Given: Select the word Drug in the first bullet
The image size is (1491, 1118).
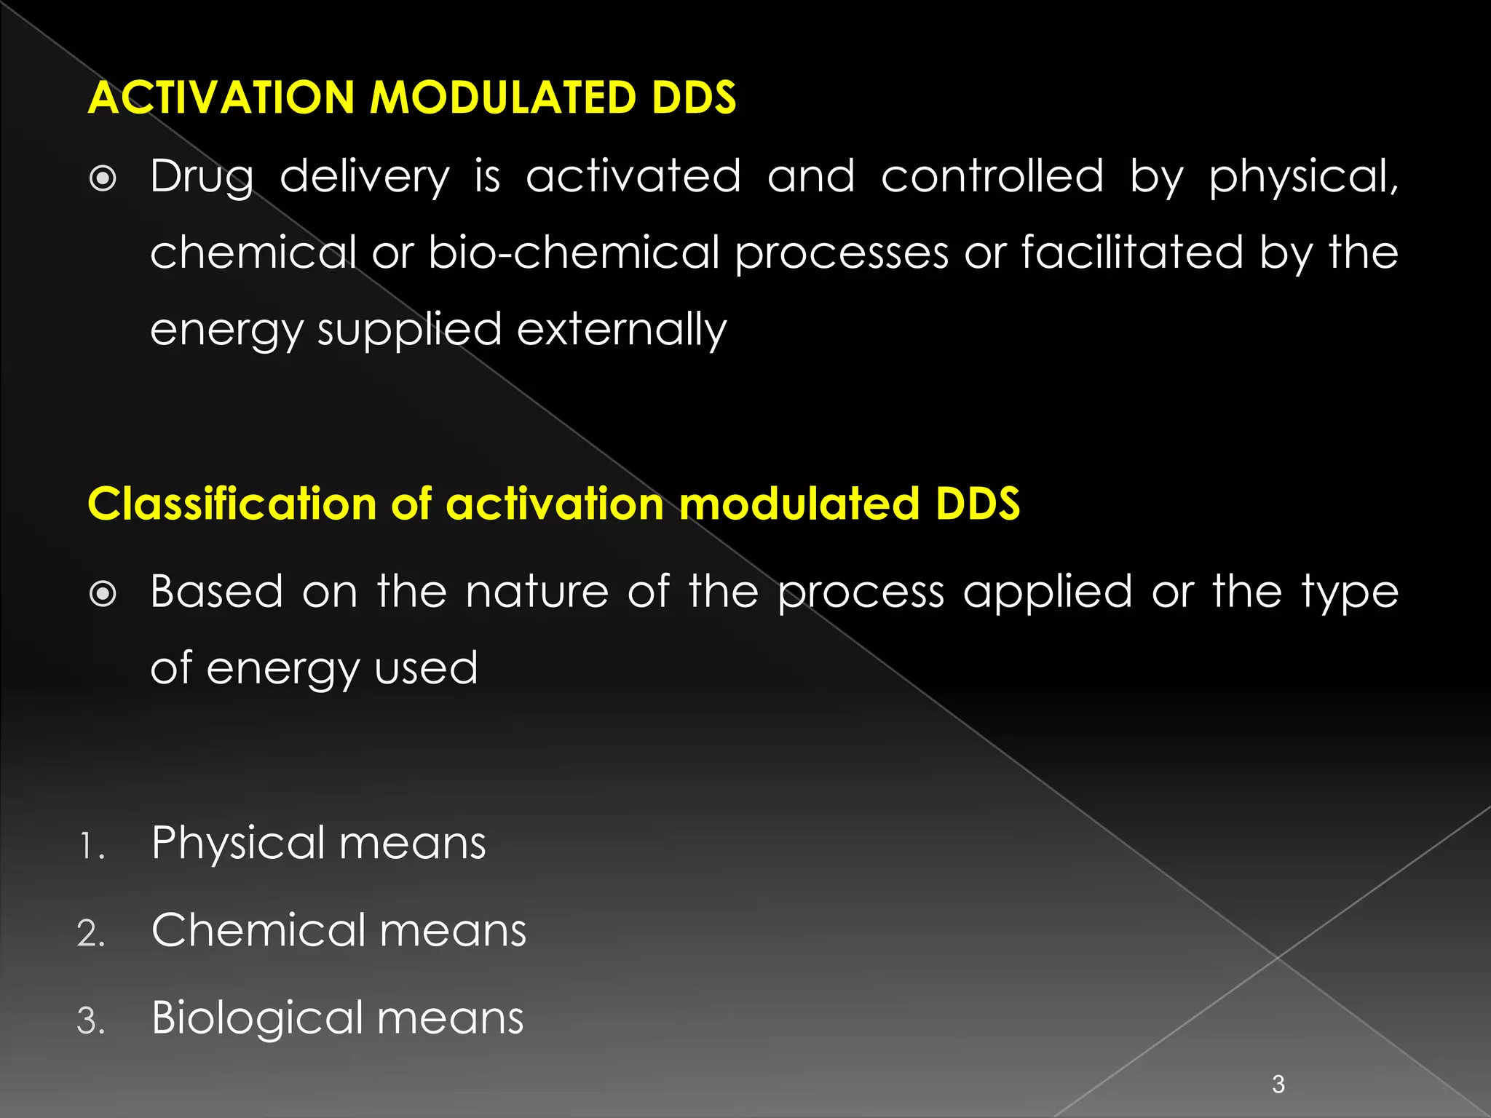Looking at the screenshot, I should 202,177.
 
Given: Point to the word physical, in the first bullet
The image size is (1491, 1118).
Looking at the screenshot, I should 1302,177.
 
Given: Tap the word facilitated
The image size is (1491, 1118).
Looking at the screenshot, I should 1132,253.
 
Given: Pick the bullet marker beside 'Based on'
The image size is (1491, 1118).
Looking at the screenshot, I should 103,594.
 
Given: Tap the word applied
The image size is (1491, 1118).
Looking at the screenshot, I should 1048,592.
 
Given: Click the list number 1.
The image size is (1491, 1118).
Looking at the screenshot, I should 91,847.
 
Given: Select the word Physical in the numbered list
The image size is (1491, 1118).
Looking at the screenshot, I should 237,844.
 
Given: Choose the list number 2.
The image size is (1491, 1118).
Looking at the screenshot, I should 91,934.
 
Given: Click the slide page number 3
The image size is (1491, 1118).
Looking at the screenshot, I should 1278,1084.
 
